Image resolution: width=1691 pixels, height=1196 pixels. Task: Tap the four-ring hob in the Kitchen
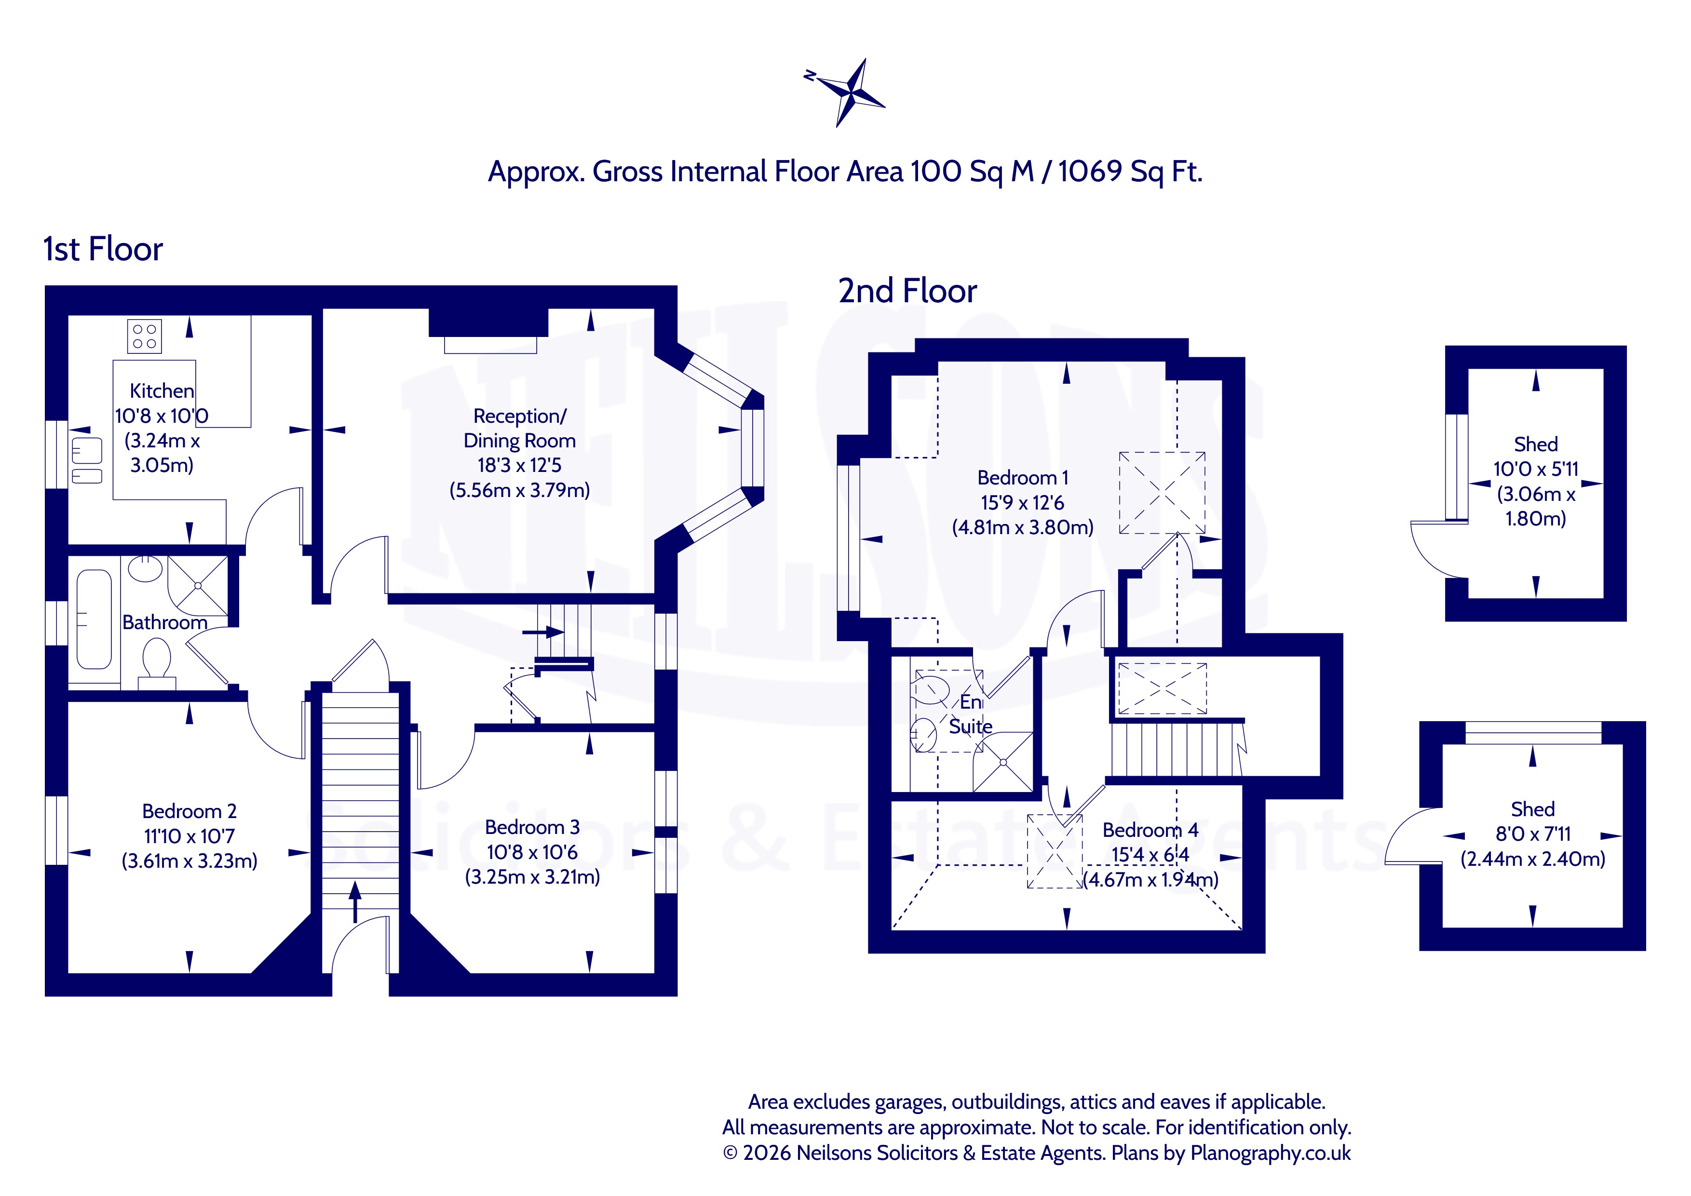[x=144, y=336]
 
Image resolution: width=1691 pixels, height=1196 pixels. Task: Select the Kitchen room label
[x=162, y=391]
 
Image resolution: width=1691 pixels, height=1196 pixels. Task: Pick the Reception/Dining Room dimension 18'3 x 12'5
[x=519, y=466]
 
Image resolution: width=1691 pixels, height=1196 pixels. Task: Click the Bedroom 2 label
[x=189, y=812]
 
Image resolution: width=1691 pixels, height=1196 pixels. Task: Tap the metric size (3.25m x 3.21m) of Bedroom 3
[x=532, y=877]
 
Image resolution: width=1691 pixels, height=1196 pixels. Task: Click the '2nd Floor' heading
[x=907, y=291]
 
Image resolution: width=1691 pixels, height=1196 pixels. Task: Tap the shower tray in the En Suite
[x=1003, y=763]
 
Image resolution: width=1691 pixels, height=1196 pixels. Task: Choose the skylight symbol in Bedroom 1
[x=1162, y=493]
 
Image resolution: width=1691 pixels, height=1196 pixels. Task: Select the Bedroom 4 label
[x=1150, y=830]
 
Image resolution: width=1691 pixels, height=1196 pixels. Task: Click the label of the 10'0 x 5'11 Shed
[x=1536, y=445]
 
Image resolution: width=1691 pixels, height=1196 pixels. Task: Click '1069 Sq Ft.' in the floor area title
[x=1131, y=172]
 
